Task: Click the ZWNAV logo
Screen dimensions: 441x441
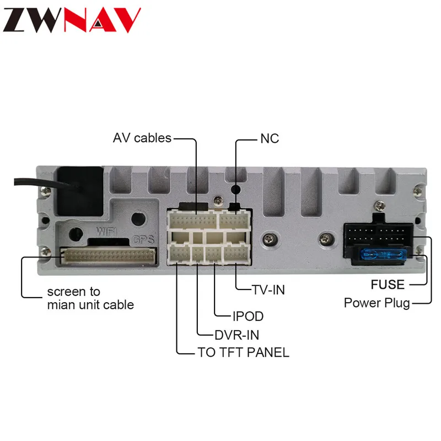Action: [72, 20]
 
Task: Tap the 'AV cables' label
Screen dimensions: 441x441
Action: [142, 138]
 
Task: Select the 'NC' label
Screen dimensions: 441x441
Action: [270, 139]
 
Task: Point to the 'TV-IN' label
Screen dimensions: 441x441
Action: [268, 290]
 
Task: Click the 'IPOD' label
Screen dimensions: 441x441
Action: [248, 316]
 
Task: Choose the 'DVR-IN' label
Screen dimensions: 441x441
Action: [237, 335]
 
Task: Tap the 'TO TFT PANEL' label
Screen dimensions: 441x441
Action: [244, 352]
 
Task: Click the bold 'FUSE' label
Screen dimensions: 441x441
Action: [388, 284]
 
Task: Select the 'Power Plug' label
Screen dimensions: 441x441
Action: [377, 303]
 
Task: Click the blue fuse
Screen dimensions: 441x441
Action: [384, 255]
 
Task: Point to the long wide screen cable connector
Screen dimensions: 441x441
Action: [109, 256]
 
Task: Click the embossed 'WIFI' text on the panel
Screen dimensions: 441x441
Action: [106, 232]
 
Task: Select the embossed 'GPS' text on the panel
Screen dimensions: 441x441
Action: [143, 239]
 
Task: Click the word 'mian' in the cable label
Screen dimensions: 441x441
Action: [61, 305]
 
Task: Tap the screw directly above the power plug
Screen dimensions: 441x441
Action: [380, 206]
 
